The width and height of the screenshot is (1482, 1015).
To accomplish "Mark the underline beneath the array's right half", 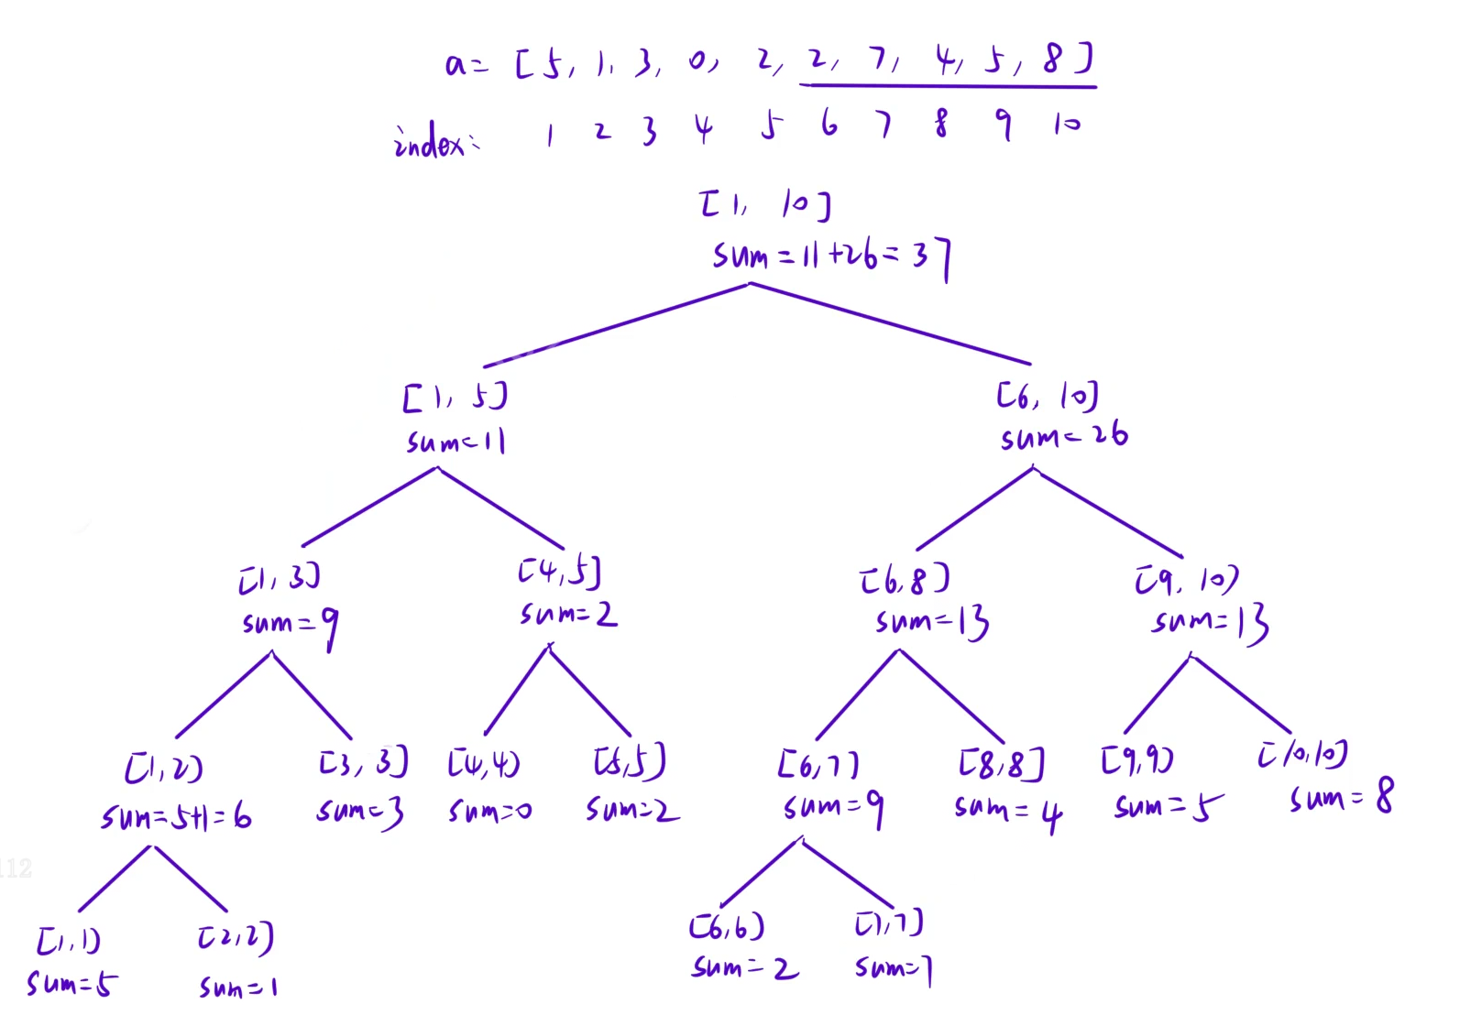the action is click(x=948, y=86).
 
